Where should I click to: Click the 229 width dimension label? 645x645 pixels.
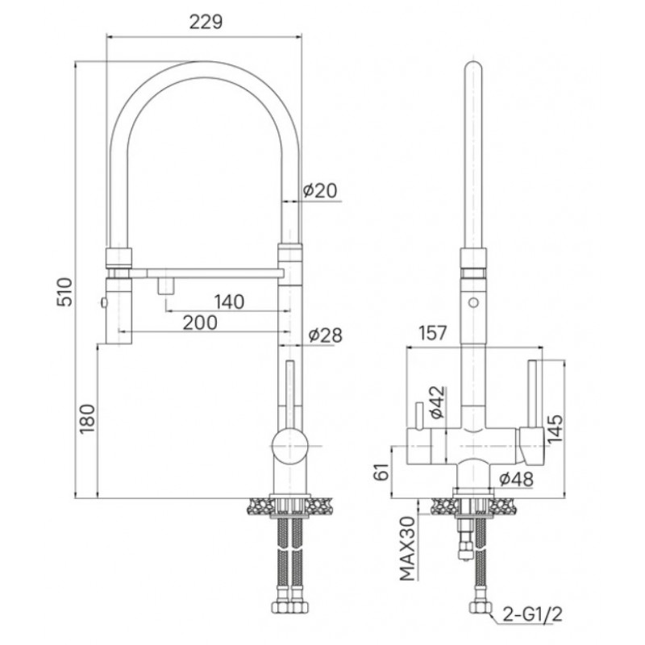[206, 22]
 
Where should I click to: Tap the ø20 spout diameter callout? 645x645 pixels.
[319, 190]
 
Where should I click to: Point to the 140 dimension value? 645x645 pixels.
[229, 302]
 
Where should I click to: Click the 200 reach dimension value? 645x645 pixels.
[200, 323]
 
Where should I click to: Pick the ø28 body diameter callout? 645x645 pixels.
[325, 335]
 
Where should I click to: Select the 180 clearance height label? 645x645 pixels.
[88, 418]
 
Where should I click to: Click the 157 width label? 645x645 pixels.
[432, 333]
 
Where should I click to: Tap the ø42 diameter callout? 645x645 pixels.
[437, 402]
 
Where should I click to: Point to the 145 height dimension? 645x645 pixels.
[555, 428]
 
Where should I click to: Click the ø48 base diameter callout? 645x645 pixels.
[516, 478]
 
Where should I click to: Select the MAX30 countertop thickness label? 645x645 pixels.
[408, 548]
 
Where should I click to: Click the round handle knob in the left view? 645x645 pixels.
[289, 446]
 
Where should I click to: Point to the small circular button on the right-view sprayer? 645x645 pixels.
[473, 302]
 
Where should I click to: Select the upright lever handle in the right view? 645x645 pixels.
[533, 393]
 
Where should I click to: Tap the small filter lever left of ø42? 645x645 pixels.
[418, 415]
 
